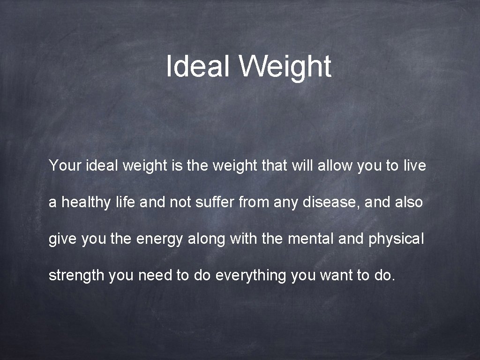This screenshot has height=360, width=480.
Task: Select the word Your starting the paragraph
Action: pyautogui.click(x=65, y=165)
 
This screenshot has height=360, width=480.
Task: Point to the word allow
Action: pyautogui.click(x=333, y=165)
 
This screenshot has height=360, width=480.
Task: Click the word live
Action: pyautogui.click(x=414, y=165)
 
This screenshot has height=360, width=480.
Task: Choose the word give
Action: pyautogui.click(x=63, y=239)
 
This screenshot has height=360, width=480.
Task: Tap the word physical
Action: pyautogui.click(x=396, y=239)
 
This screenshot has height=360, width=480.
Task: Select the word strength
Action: pyautogui.click(x=76, y=276)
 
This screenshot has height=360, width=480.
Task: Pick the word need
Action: pyautogui.click(x=155, y=276)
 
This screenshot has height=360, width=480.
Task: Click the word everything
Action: pyautogui.click(x=250, y=276)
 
